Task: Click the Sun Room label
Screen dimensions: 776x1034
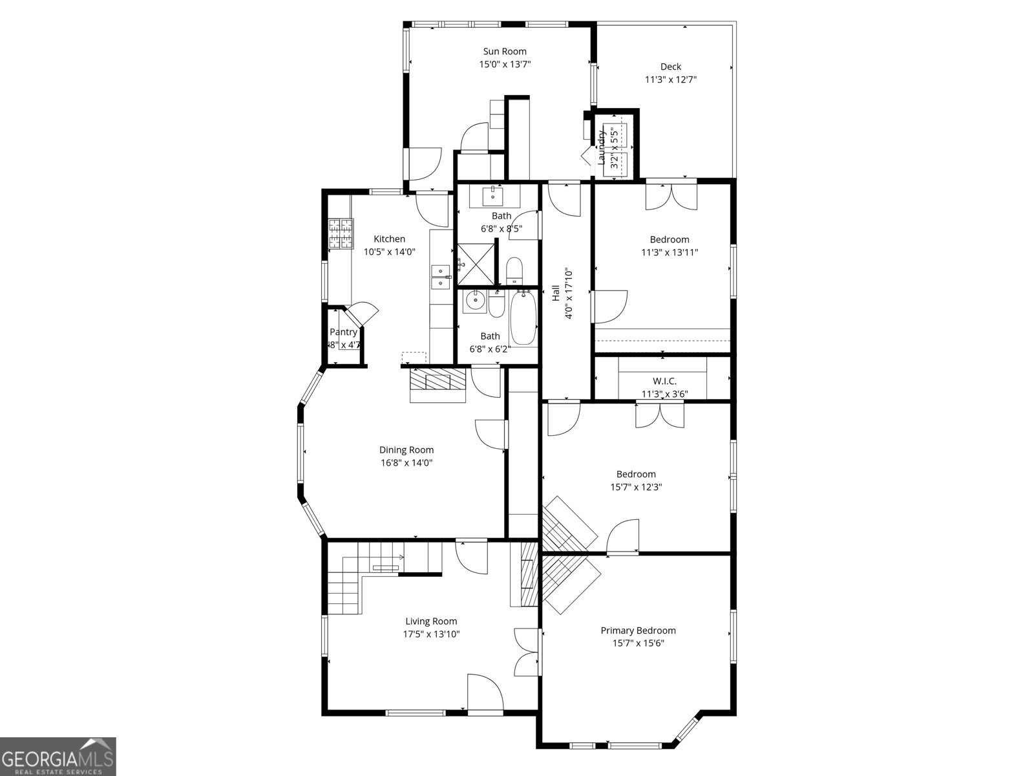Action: point(505,51)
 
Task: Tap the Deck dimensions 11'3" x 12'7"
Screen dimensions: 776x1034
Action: point(670,80)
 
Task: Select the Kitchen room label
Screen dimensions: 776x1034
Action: point(389,239)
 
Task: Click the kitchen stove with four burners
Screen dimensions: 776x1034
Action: point(341,234)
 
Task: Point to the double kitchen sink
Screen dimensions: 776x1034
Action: point(441,277)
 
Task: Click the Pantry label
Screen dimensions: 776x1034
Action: point(343,332)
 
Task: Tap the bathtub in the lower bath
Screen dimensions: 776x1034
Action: point(523,318)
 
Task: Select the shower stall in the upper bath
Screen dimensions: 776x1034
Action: point(476,264)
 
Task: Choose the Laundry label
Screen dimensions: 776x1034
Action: point(601,147)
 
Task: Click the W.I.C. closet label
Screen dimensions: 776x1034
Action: point(664,381)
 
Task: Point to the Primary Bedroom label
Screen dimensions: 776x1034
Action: point(638,630)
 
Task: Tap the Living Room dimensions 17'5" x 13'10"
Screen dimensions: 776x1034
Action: point(431,634)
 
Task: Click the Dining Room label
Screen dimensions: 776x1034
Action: point(406,450)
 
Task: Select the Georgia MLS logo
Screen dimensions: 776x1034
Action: point(58,756)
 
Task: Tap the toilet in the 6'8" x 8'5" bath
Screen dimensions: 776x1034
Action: point(514,270)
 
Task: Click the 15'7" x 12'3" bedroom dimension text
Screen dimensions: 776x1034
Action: point(636,487)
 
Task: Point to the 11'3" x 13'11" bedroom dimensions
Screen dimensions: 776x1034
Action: point(670,252)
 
